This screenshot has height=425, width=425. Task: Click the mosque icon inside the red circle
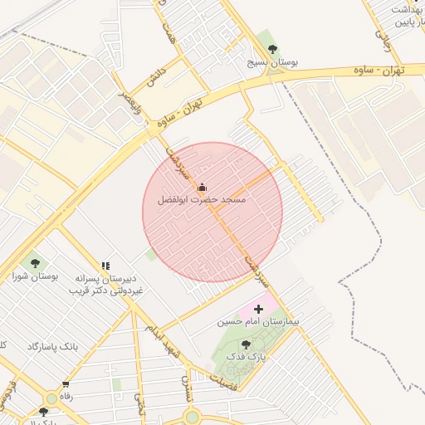(202, 187)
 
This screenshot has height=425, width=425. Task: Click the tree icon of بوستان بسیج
(274, 49)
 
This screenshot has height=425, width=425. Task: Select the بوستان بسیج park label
(274, 62)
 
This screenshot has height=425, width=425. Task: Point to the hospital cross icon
(257, 308)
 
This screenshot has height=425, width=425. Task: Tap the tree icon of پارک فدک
(245, 344)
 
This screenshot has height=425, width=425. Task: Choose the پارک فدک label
(245, 356)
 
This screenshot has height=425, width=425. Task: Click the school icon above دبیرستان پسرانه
(105, 266)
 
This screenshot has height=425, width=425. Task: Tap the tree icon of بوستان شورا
(34, 263)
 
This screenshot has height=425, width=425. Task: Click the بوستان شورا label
(34, 276)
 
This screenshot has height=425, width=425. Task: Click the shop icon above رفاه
(66, 384)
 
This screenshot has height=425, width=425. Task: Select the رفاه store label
(66, 397)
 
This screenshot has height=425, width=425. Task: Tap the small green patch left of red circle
(151, 254)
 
